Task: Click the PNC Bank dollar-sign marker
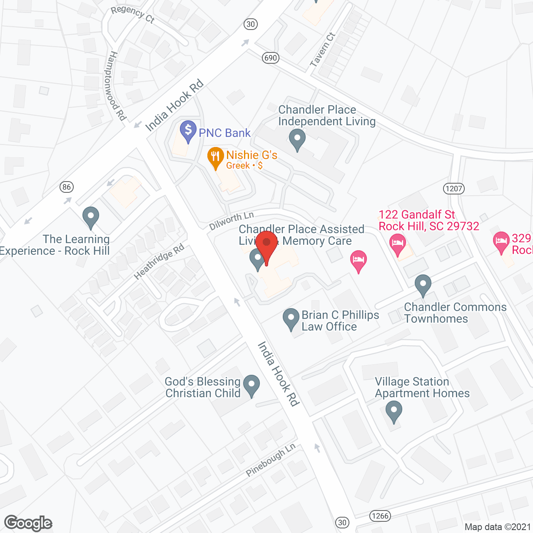[x=188, y=131]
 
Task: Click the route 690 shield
[x=271, y=58]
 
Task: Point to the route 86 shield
[x=67, y=187]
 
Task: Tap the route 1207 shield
[x=454, y=189]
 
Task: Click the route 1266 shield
[x=380, y=516]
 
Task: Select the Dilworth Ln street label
[x=232, y=221]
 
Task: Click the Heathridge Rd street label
[x=159, y=262]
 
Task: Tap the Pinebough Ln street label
[x=271, y=460]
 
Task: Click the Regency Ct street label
[x=133, y=14]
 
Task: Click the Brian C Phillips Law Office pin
[x=291, y=319]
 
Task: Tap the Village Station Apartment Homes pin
[x=394, y=411]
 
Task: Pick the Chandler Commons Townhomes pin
[x=423, y=286]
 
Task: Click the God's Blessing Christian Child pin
[x=251, y=386]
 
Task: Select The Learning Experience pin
[x=90, y=217]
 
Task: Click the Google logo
[x=28, y=523]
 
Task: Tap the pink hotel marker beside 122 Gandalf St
[x=397, y=244]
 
